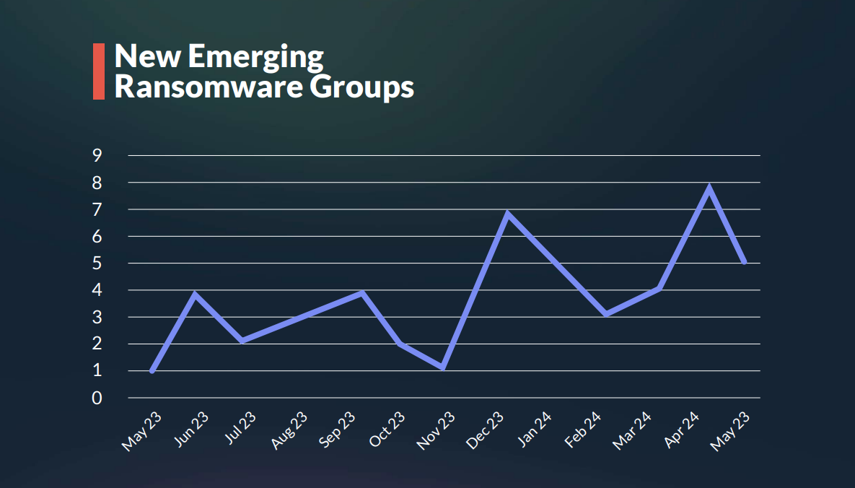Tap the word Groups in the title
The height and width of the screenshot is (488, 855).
tap(362, 88)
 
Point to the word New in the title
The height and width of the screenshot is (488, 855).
tap(145, 56)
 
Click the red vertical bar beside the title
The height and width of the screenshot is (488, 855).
tap(99, 71)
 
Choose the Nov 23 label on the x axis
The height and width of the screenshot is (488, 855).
tap(437, 432)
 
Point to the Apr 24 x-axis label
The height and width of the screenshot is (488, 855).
tap(681, 432)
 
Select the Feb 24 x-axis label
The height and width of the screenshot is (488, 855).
tap(584, 432)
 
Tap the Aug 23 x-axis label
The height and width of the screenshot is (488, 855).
tap(290, 432)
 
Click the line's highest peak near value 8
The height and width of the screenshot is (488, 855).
tap(710, 188)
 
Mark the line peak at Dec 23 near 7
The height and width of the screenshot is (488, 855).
tap(508, 214)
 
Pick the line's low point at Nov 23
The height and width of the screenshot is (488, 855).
tap(442, 368)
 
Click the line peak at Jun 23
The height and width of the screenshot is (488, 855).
tap(195, 294)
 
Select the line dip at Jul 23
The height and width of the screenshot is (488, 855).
tap(243, 341)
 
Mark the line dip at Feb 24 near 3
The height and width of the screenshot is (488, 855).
tap(606, 314)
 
